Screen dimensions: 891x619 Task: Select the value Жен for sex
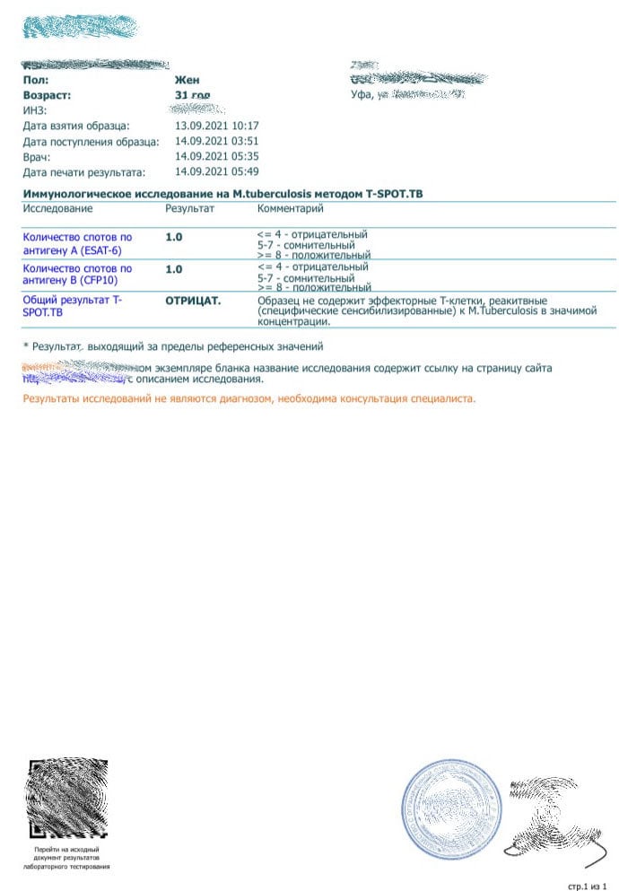187,80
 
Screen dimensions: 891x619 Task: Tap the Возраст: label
47,94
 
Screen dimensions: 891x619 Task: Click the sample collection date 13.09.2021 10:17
217,126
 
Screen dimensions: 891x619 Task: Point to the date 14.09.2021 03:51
217,141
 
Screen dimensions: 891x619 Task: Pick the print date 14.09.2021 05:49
217,171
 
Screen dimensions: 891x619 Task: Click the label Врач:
37,156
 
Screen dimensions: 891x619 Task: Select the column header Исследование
57,209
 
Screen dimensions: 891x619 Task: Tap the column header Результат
190,209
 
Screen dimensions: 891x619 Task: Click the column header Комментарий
290,209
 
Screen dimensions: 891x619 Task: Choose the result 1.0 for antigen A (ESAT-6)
174,238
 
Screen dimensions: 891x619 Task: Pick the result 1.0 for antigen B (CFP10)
174,269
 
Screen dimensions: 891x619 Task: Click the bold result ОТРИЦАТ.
193,301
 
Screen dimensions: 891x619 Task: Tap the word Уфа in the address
361,94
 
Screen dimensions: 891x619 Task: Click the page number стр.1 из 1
588,886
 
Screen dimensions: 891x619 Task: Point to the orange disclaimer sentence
248,397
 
